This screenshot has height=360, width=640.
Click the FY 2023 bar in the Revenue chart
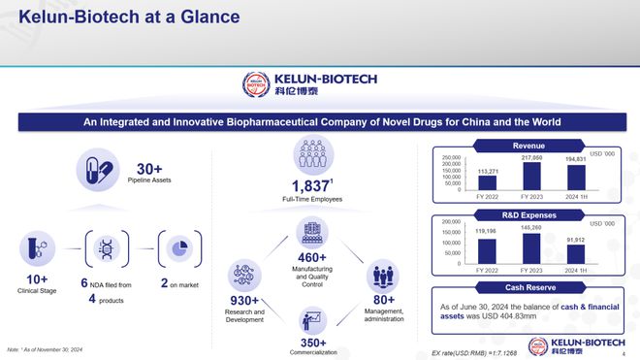click(531, 176)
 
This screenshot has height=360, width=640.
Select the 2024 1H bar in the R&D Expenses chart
click(576, 253)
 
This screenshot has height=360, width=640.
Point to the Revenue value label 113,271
click(487, 171)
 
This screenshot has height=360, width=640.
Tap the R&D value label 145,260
click(531, 227)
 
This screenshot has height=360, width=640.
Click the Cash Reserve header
click(530, 287)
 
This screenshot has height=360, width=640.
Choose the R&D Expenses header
click(530, 213)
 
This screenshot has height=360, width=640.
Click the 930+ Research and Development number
click(243, 301)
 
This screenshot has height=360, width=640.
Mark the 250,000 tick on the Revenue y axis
click(448, 157)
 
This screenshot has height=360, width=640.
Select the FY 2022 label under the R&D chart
click(487, 270)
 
